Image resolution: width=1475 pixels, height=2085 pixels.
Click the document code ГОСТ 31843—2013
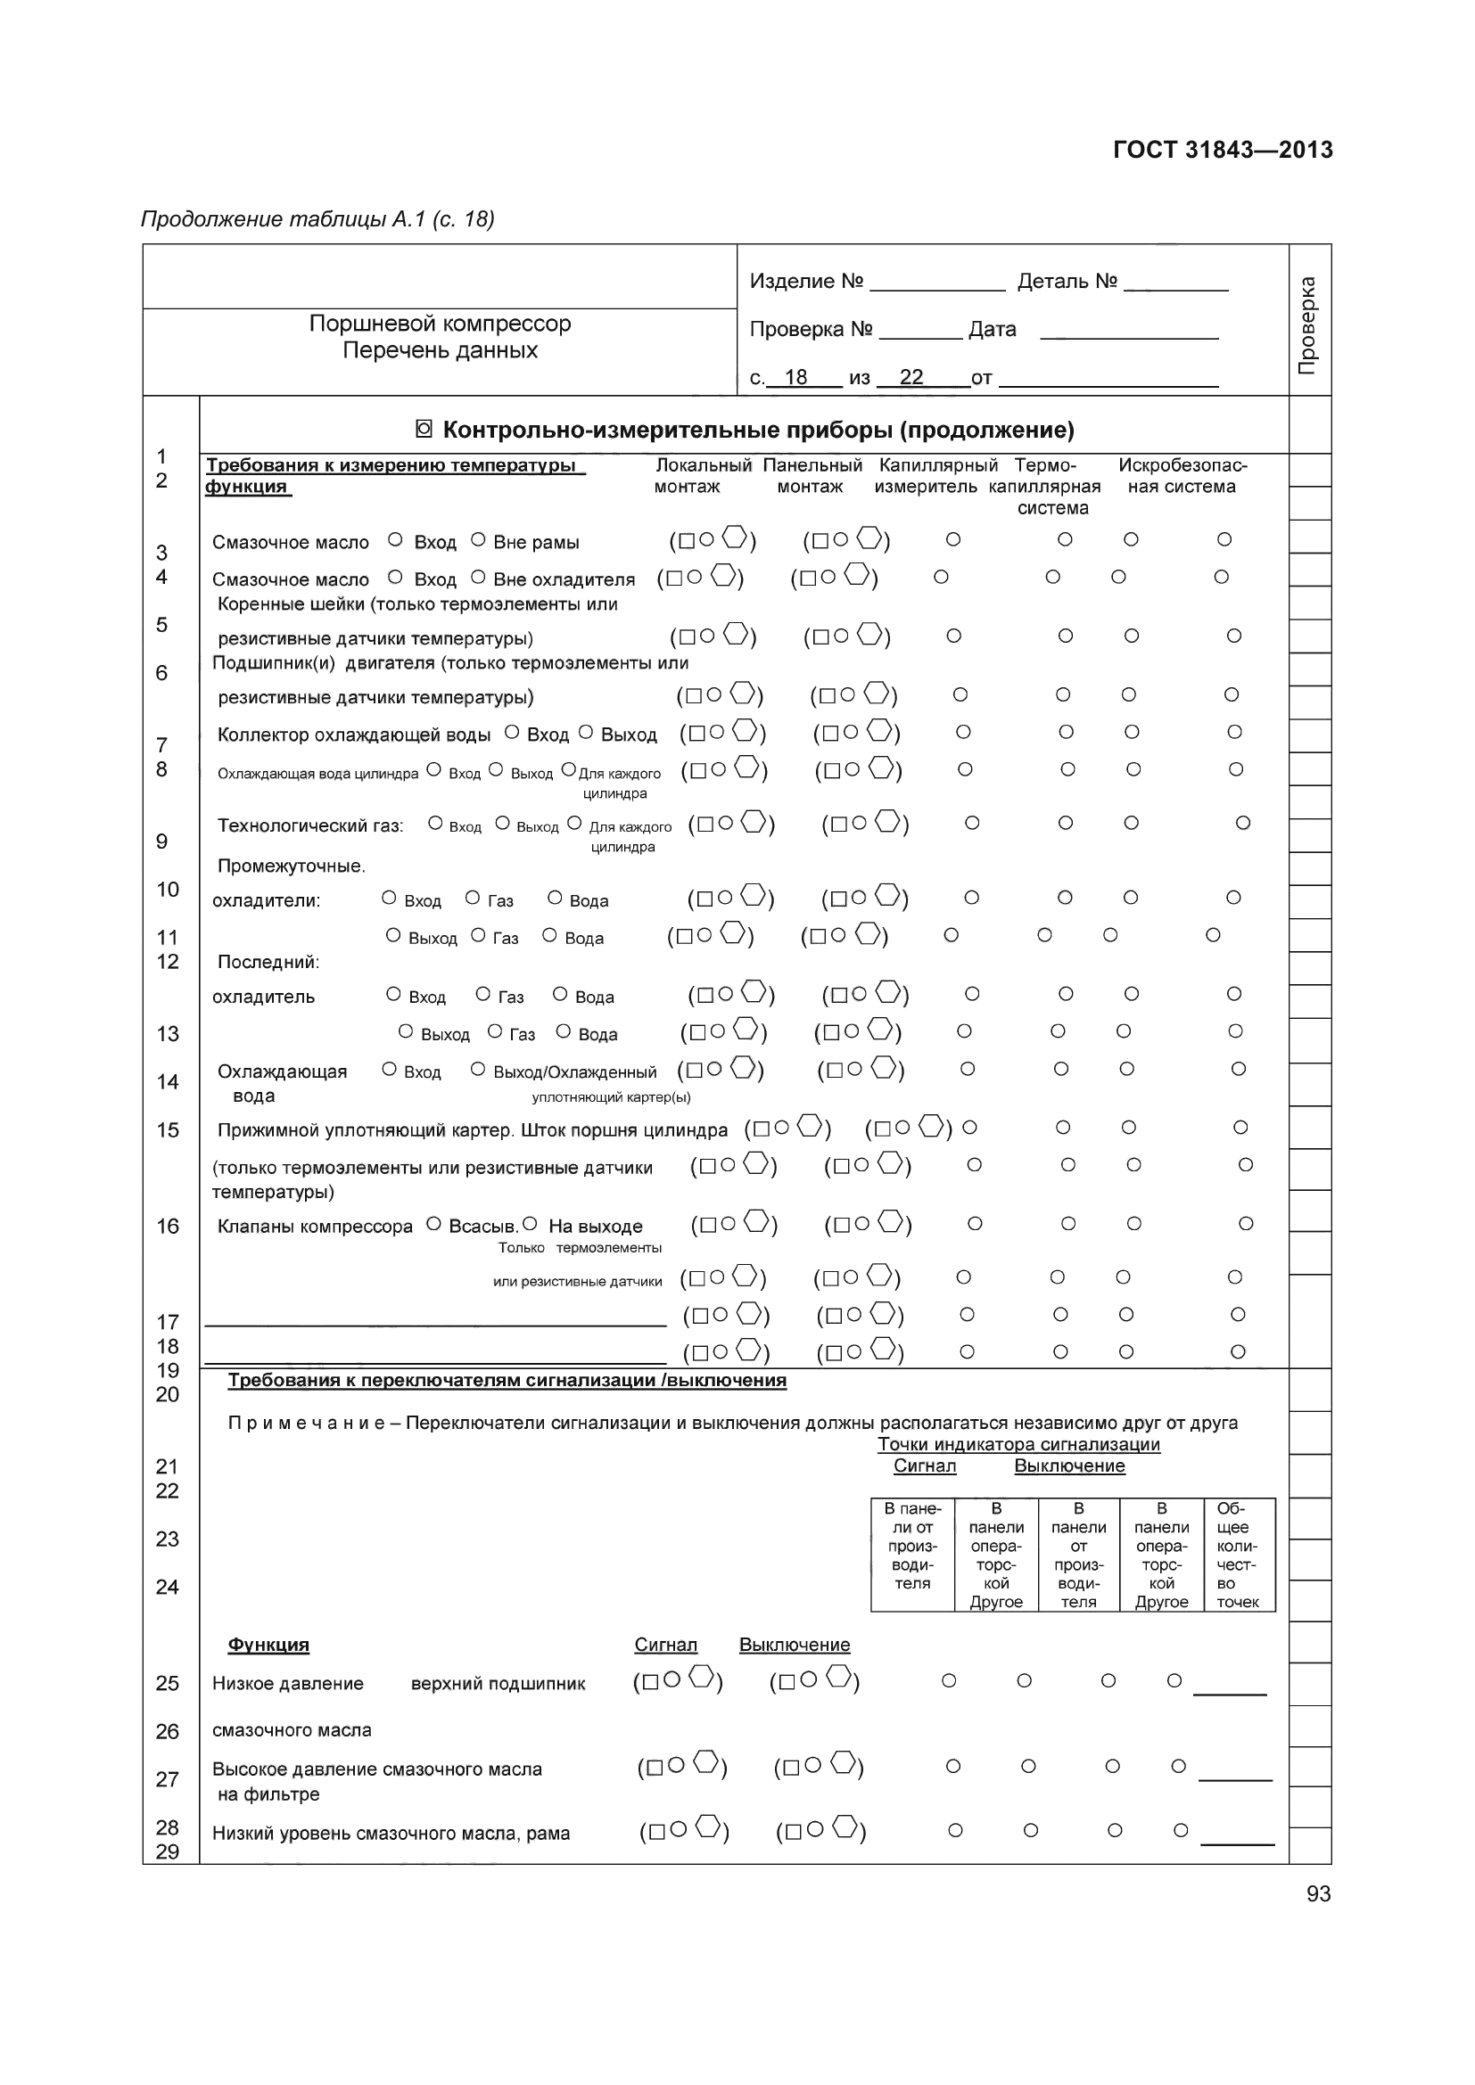click(1222, 150)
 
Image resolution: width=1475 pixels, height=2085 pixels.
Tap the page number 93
click(1318, 1893)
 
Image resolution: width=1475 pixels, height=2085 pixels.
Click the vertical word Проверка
click(1307, 325)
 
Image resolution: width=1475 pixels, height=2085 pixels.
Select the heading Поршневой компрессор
click(440, 324)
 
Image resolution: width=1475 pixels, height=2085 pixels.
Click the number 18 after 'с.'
click(795, 377)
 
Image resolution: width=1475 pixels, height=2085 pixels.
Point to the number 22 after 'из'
click(911, 377)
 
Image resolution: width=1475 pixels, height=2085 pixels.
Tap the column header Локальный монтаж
click(702, 476)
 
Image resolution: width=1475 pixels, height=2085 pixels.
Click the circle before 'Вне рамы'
click(478, 540)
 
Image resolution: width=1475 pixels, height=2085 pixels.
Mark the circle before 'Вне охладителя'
click(478, 578)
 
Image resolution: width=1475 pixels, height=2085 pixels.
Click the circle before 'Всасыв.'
click(434, 1224)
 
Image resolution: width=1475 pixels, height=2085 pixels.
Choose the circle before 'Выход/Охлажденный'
click(478, 1070)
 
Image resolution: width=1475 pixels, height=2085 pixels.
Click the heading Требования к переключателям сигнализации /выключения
click(507, 1381)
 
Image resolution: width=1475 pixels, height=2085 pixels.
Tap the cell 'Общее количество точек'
click(1238, 1555)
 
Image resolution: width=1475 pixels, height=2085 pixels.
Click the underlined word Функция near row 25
click(268, 1645)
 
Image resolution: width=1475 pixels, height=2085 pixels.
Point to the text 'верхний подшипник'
click(498, 1684)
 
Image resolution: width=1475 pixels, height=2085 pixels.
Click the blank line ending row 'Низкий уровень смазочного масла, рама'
click(1237, 1843)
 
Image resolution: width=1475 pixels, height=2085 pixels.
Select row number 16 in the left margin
click(168, 1226)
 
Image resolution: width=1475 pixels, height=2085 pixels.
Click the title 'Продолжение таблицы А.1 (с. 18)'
click(317, 219)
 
